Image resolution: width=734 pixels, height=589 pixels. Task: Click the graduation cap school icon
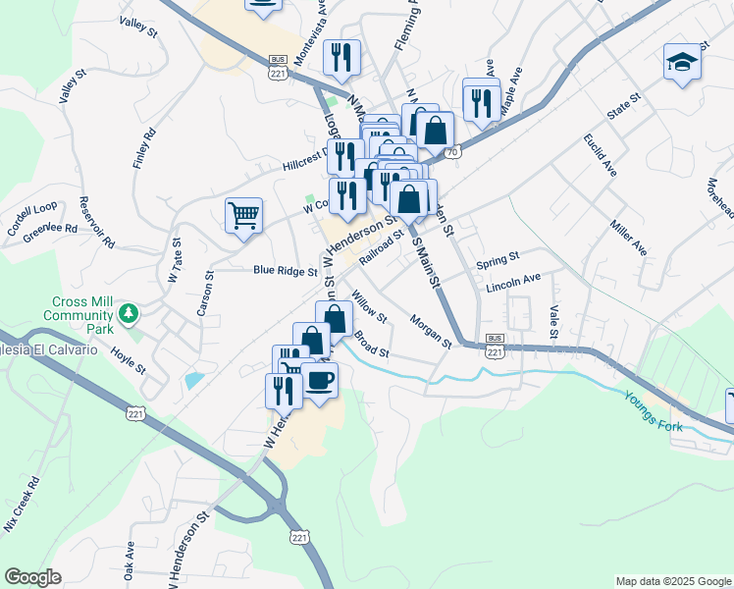[x=682, y=62]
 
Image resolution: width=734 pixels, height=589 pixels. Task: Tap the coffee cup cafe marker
[x=319, y=379]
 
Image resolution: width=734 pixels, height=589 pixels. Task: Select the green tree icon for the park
[x=127, y=313]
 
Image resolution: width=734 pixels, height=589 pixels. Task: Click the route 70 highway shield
[x=451, y=153]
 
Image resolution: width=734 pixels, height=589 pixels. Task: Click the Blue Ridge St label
[x=285, y=270]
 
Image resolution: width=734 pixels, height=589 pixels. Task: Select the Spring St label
[x=497, y=261]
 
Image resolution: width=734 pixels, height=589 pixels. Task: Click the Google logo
[x=33, y=577]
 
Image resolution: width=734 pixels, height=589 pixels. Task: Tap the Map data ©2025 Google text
[x=672, y=581]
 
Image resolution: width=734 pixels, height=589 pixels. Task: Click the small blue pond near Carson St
[x=194, y=379]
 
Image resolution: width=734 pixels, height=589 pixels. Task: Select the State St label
[x=622, y=105]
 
